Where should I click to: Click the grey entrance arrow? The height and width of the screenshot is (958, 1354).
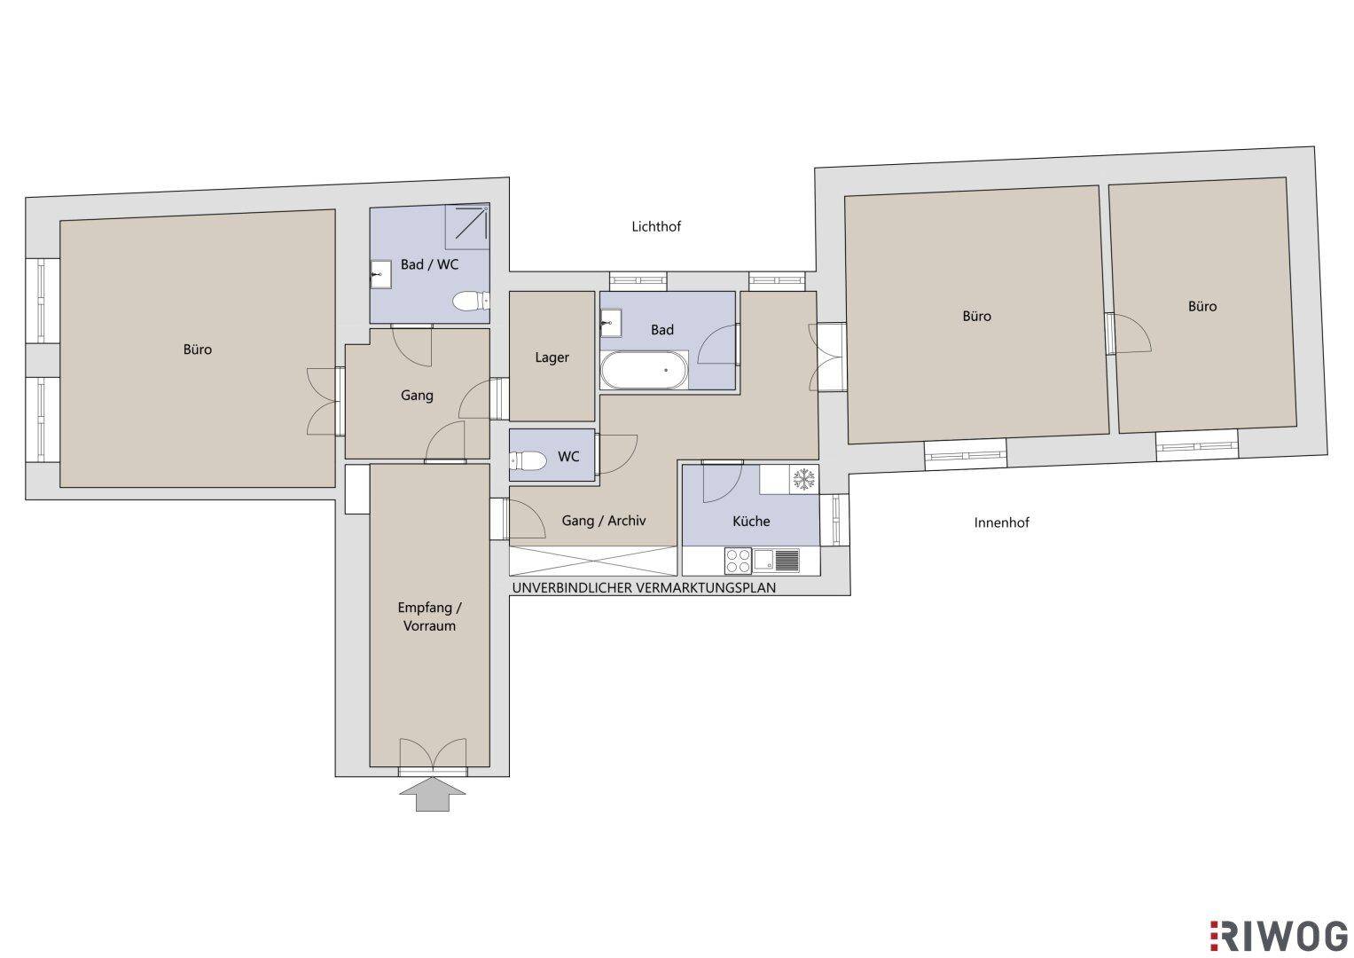click(432, 794)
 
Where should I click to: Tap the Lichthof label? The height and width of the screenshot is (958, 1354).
click(656, 227)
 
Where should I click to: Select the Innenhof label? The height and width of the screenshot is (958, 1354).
click(1001, 522)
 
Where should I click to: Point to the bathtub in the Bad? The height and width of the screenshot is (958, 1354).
click(644, 370)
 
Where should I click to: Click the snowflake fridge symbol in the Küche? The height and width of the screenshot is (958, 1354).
click(803, 480)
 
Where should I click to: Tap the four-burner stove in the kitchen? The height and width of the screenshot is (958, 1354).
click(738, 561)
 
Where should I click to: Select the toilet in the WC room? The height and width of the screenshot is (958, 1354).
click(528, 462)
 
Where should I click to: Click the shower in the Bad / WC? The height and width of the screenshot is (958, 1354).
click(466, 227)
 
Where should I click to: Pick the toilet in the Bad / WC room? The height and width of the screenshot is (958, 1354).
click(472, 301)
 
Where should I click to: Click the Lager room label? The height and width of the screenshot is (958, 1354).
click(552, 357)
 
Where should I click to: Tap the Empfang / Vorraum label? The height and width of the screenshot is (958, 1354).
click(429, 616)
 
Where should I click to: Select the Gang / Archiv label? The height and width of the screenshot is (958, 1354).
click(603, 521)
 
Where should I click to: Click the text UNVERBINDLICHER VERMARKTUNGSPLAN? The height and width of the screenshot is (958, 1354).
click(644, 588)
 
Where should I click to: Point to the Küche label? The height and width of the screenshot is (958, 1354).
click(751, 522)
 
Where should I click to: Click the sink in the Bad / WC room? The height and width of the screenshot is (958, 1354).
click(380, 275)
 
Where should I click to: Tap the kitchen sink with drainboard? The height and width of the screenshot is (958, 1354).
click(776, 561)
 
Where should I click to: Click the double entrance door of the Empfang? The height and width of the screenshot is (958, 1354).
click(433, 756)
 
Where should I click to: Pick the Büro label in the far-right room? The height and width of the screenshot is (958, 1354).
click(1202, 307)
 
